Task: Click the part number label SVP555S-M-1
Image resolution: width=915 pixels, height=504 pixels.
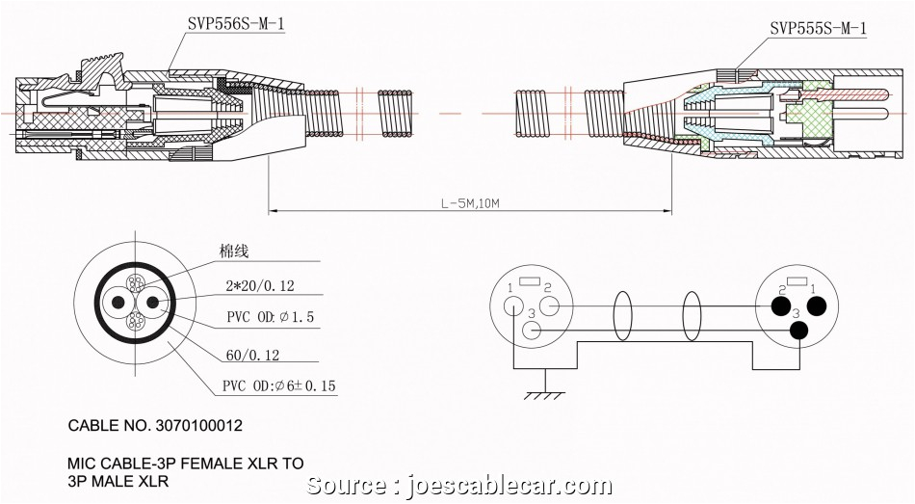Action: tap(818, 29)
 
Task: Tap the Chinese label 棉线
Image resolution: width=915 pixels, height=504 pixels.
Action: tap(234, 252)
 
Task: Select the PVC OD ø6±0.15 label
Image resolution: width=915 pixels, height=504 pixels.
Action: tap(280, 386)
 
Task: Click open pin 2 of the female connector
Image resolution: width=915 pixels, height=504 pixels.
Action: tap(550, 306)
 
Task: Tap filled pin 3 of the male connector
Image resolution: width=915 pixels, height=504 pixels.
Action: tap(798, 332)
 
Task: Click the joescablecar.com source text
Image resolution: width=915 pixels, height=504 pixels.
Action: tap(457, 486)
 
